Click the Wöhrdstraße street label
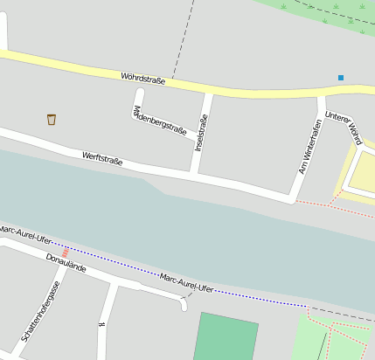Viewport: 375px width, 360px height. [x=143, y=80]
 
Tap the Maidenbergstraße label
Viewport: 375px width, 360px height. [x=158, y=121]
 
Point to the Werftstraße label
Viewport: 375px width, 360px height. [x=102, y=158]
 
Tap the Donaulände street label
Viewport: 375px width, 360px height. [x=66, y=262]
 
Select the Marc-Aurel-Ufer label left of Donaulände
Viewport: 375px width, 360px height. [x=25, y=234]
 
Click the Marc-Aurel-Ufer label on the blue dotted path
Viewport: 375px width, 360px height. [x=186, y=282]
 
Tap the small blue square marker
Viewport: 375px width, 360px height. [x=341, y=78]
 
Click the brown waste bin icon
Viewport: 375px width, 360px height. [x=52, y=119]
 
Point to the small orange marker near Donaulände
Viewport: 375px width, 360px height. [x=65, y=253]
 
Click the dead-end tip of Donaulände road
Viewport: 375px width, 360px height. [x=184, y=306]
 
